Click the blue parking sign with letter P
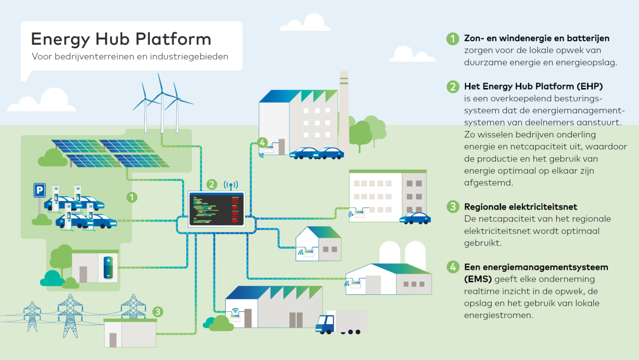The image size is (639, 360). pos(40,190)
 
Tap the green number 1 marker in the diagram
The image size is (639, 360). pos(132,197)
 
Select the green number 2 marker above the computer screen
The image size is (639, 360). pos(212,184)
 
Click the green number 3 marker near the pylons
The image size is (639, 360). pos(158,312)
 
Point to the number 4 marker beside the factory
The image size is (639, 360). pos(263,143)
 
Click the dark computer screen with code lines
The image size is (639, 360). pos(216,209)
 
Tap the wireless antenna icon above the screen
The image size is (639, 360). pos(231,185)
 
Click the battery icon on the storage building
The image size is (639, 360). pos(108,267)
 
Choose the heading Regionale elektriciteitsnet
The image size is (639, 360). pos(520,207)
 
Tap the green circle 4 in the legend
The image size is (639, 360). pos(453,267)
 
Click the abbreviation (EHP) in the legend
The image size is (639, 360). pos(589,86)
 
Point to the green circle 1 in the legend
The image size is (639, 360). pos(453,39)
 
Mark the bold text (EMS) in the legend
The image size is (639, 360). pos(478,279)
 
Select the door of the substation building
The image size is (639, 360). pos(113,340)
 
